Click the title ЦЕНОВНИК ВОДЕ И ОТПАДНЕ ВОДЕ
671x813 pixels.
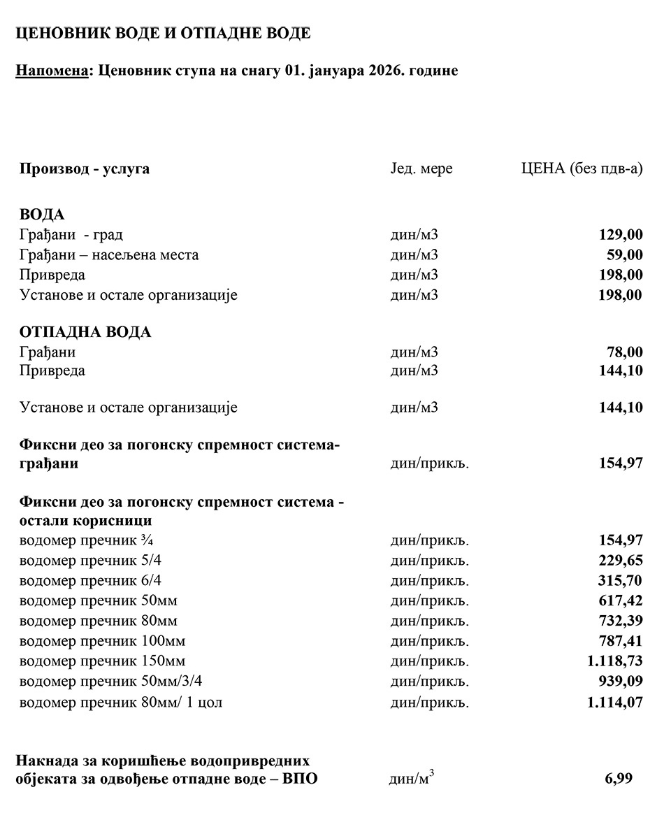point(164,33)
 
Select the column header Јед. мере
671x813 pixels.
point(421,169)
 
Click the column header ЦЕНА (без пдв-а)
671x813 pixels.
point(582,169)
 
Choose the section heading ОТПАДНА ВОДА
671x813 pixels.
point(85,332)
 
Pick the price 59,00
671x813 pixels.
point(625,255)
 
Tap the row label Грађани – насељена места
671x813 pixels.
point(109,255)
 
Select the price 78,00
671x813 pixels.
point(625,352)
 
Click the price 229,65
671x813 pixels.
point(620,561)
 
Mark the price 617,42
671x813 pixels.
point(620,600)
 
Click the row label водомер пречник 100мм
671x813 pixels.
point(102,641)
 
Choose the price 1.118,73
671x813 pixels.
point(615,661)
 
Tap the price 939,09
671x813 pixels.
point(620,681)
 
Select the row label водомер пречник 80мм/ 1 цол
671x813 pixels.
point(121,702)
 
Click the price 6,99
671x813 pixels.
point(619,779)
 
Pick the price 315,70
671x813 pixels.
point(620,580)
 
